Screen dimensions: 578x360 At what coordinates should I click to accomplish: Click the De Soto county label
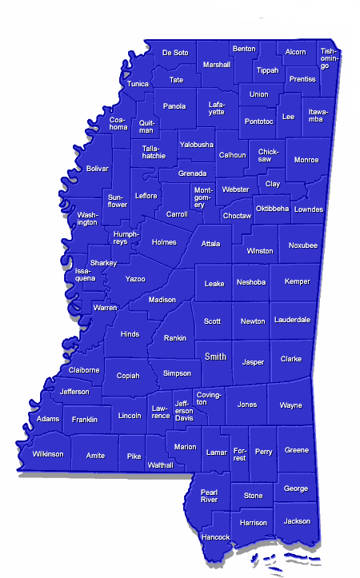(175, 53)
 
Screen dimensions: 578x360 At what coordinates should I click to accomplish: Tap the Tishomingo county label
(328, 58)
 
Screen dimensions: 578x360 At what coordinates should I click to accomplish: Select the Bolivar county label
(97, 169)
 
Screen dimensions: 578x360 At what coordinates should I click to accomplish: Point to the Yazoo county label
(135, 279)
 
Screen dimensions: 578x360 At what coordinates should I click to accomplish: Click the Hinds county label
(130, 334)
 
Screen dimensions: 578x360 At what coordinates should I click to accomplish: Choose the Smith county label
(215, 357)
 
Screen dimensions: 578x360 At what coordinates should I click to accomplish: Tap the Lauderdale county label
(291, 320)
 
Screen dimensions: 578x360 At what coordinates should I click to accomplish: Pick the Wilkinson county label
(47, 454)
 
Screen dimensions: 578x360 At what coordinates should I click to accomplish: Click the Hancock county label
(216, 536)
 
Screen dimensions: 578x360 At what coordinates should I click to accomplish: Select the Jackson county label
(297, 520)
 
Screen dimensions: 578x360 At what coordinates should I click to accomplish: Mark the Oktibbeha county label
(271, 209)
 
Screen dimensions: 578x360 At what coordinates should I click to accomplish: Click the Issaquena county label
(86, 274)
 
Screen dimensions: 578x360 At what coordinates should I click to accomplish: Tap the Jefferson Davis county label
(185, 410)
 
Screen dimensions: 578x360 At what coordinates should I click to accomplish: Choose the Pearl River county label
(209, 495)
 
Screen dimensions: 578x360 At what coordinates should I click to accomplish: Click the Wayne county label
(291, 405)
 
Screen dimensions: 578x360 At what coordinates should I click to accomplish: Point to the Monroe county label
(306, 160)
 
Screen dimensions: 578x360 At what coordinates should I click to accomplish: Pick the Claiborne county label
(84, 370)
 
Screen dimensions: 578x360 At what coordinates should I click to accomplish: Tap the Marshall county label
(216, 65)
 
